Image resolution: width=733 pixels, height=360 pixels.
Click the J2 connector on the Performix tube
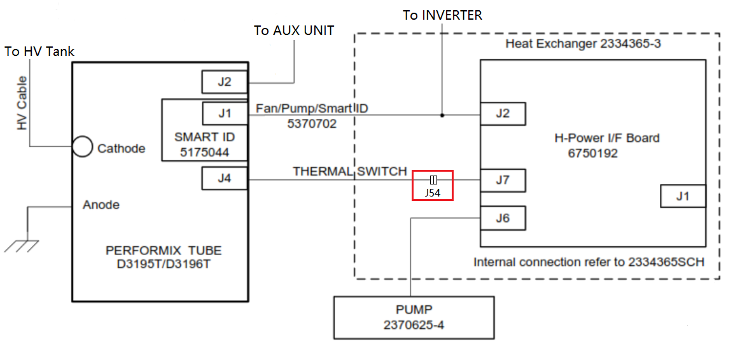(x=225, y=81)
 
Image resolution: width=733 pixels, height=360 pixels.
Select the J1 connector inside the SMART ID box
(x=225, y=114)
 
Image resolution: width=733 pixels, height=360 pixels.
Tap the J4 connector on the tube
(x=225, y=178)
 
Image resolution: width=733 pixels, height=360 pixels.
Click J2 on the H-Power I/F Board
(x=503, y=114)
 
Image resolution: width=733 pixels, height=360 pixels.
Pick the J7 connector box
(x=503, y=181)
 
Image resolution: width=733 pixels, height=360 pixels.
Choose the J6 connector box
(x=503, y=219)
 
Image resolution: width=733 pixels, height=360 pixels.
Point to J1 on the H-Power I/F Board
(x=683, y=196)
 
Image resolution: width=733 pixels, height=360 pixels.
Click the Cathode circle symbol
(x=81, y=147)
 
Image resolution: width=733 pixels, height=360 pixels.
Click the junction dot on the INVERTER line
(x=442, y=115)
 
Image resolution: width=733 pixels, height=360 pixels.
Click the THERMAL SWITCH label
(x=349, y=171)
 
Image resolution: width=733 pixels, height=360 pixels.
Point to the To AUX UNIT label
(x=293, y=31)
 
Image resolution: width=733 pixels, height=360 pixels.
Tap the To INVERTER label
(x=442, y=15)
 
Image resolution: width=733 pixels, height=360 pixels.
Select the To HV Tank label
(x=39, y=52)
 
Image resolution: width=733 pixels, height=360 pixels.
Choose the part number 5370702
(x=312, y=123)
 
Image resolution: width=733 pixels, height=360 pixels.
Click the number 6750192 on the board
(x=593, y=153)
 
